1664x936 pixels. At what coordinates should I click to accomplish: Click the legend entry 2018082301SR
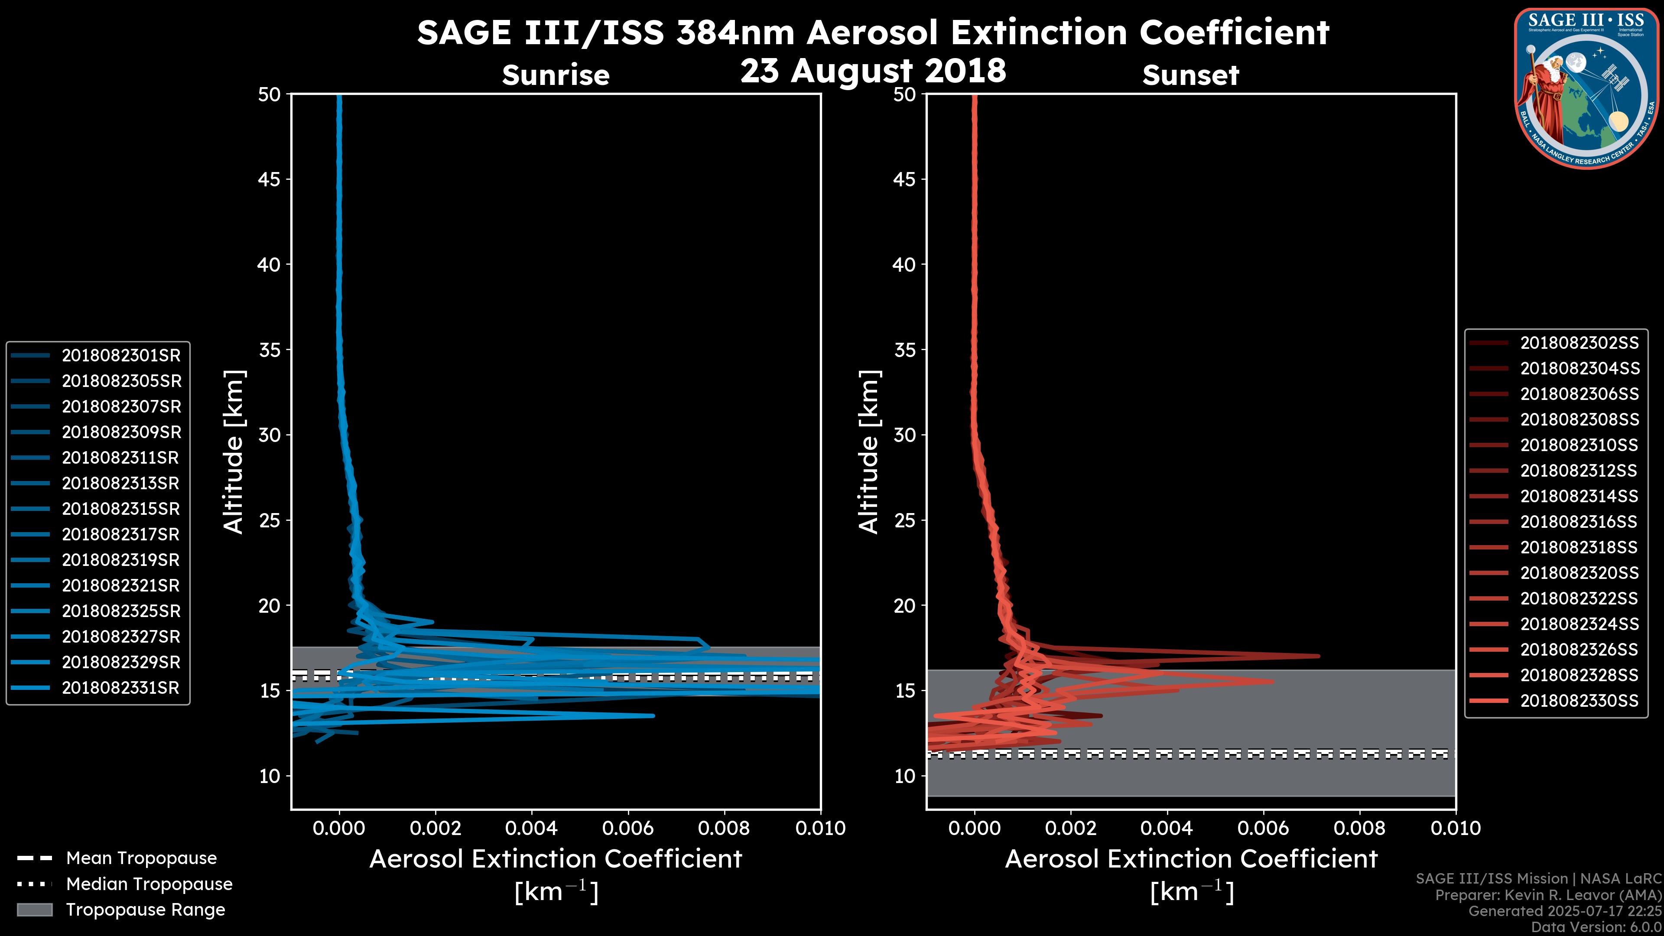121,355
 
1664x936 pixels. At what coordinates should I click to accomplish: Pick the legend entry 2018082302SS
1579,343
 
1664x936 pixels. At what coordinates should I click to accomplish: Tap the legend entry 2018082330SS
1579,701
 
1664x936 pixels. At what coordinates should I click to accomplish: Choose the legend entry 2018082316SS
1579,522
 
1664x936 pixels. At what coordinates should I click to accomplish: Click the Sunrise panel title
556,75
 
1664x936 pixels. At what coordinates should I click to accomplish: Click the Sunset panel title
1190,75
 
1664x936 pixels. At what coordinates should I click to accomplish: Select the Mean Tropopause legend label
141,858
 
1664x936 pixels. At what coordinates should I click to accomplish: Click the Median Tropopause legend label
149,884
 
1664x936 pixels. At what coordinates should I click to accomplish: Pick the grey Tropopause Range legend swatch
34,910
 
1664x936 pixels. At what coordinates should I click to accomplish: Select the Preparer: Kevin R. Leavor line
1548,895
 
